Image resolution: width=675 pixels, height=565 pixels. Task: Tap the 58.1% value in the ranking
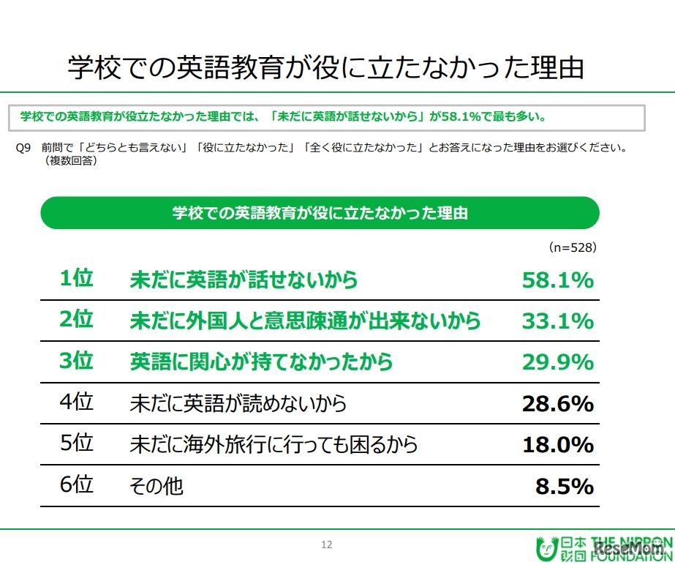tap(557, 280)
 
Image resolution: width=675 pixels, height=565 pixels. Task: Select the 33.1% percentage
tap(557, 321)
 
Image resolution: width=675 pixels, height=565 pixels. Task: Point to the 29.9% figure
tap(557, 362)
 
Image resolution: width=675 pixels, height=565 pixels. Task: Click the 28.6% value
tap(557, 403)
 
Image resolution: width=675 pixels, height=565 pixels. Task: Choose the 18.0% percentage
tap(557, 444)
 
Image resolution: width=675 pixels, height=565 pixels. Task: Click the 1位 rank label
tap(76, 279)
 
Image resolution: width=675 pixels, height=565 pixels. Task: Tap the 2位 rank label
tap(76, 320)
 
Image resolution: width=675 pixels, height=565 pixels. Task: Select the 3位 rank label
tap(76, 361)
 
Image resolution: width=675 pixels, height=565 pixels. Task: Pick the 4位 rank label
tap(76, 403)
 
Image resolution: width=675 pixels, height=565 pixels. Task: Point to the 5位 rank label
tap(76, 444)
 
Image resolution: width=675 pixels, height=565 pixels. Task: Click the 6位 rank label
tap(76, 485)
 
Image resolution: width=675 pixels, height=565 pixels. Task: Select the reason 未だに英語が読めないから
tap(238, 403)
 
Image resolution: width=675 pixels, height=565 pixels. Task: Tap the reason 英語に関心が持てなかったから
tap(261, 362)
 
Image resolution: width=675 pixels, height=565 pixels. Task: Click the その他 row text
tap(156, 486)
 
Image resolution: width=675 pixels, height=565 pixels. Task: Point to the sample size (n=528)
tap(573, 247)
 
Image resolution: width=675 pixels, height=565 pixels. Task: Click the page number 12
tap(327, 544)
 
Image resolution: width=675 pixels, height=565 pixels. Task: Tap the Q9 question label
tap(23, 147)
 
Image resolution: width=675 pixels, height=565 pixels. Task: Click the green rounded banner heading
tap(320, 213)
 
